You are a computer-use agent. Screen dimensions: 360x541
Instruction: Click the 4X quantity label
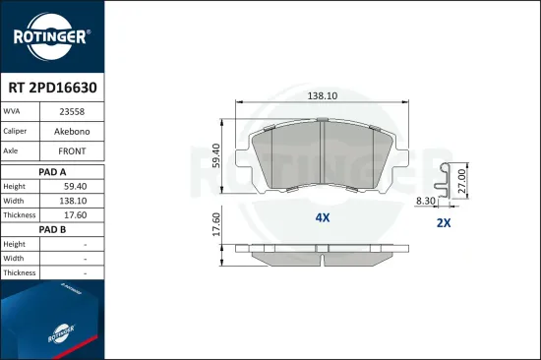click(x=323, y=217)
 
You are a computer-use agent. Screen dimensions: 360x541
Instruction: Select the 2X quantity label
click(x=443, y=223)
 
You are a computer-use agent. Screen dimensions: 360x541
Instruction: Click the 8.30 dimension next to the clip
click(x=426, y=200)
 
